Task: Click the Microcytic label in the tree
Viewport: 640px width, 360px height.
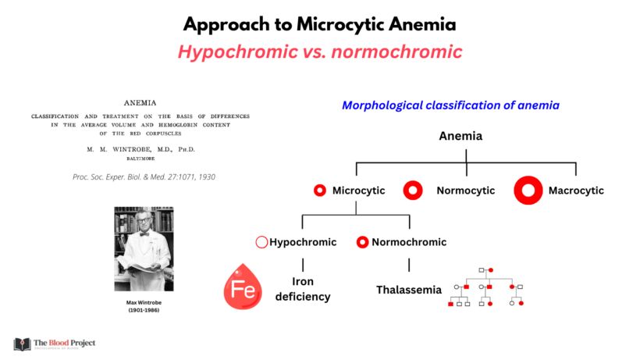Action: (x=358, y=190)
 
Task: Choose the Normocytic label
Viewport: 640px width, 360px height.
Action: (x=465, y=190)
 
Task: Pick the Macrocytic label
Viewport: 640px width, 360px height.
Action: (x=576, y=190)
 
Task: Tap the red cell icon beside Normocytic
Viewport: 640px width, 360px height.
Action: (x=413, y=190)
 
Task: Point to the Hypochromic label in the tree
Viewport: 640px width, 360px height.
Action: (x=303, y=242)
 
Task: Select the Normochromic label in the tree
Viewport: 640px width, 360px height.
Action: (x=409, y=242)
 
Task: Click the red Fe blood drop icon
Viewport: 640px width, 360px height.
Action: (x=243, y=287)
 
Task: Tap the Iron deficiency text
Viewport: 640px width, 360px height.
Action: (x=302, y=289)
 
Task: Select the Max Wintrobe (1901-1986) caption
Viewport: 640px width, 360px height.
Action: (x=144, y=306)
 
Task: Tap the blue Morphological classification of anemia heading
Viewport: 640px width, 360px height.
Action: (x=450, y=105)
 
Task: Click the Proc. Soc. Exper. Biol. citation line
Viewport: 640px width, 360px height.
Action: (x=144, y=176)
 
